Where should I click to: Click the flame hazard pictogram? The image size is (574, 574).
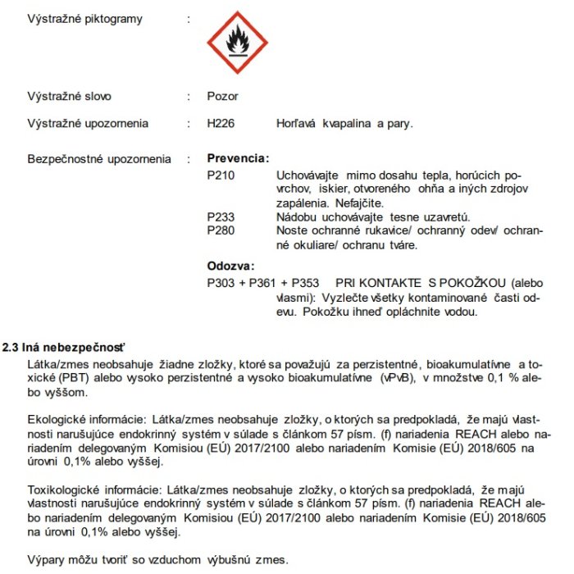pos(236,41)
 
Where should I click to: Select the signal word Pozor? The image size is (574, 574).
pos(223,96)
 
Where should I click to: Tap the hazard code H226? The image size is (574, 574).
pos(222,124)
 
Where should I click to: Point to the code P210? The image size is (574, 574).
pos(221,175)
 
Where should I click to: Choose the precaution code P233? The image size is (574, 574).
pos(221,217)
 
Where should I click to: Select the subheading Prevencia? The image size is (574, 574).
pos(238,159)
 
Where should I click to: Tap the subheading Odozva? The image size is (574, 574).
pos(231,266)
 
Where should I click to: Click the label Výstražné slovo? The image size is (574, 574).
pos(70,96)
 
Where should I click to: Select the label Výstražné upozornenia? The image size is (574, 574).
pos(89,124)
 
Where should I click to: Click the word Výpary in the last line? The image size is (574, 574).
pos(47,561)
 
